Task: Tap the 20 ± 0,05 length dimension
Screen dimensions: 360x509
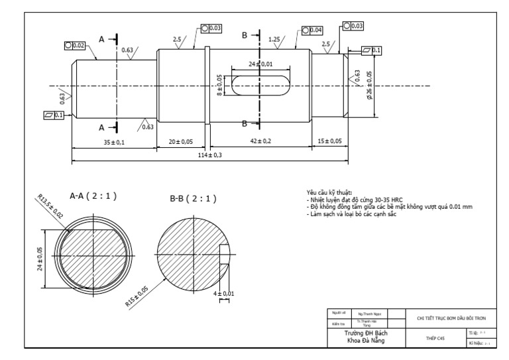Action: coord(180,141)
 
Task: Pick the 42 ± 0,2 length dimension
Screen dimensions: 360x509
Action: coord(259,141)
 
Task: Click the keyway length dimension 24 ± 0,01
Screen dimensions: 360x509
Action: coord(260,64)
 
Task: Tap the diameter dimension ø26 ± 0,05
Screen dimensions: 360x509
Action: coord(369,86)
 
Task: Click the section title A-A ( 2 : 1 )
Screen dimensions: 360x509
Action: coord(93,196)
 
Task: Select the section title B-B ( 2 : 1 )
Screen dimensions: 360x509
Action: coord(193,198)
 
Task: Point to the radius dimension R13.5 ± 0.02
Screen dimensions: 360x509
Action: coord(50,206)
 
